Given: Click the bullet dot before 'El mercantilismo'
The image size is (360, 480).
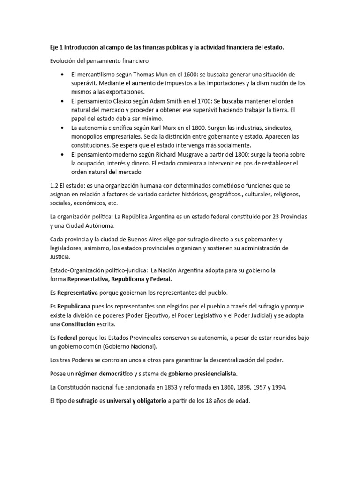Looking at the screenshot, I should tap(63, 75).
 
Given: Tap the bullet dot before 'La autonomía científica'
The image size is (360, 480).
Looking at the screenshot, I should tap(63, 127).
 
